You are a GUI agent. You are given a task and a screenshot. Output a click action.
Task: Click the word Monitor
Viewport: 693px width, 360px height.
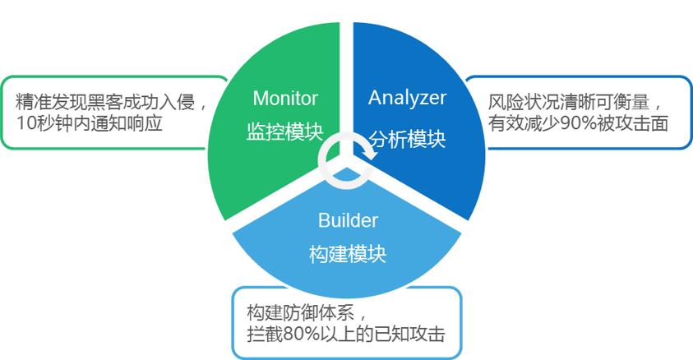click(284, 99)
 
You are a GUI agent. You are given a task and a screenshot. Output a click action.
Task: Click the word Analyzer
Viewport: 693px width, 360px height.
click(407, 98)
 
